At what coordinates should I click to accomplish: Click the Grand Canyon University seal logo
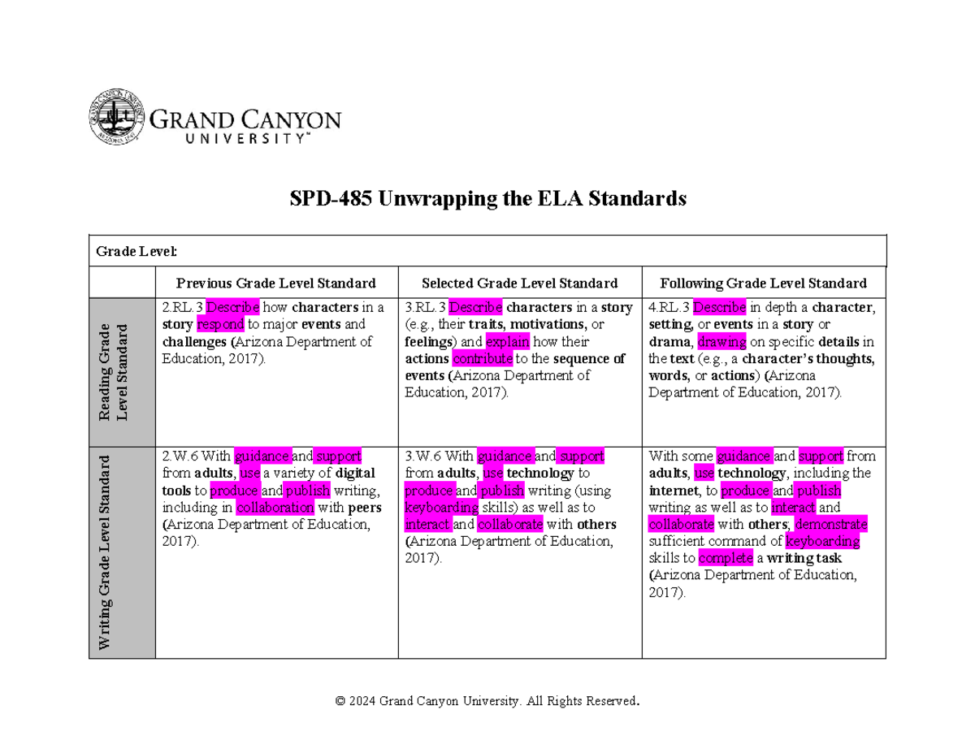click(117, 119)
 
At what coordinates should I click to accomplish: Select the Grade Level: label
click(136, 251)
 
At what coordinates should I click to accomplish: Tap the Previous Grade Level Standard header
click(276, 283)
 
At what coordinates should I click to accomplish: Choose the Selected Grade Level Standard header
click(520, 283)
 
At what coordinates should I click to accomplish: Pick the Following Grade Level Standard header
click(764, 283)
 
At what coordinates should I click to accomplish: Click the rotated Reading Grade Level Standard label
click(114, 372)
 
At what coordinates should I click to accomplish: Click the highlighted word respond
click(220, 325)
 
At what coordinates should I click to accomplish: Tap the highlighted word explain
click(508, 342)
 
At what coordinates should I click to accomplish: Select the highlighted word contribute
click(483, 359)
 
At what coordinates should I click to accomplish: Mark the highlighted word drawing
click(721, 342)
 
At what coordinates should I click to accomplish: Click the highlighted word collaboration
click(275, 508)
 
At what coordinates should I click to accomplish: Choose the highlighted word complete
click(726, 558)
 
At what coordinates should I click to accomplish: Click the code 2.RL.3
click(182, 308)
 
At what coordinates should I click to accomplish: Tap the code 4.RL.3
click(669, 308)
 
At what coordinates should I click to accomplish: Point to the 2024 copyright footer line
click(487, 701)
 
